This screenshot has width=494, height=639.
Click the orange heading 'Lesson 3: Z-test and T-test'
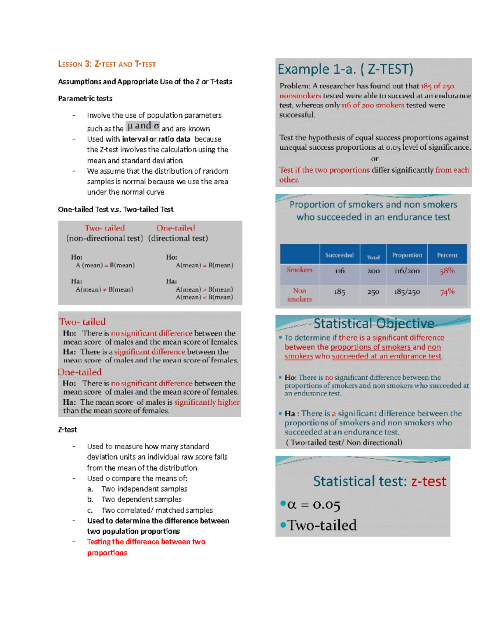[107, 64]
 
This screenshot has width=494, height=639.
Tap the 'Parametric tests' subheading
[85, 98]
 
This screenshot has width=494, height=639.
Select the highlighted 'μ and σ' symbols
[143, 126]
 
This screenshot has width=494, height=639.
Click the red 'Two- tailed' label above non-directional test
[105, 228]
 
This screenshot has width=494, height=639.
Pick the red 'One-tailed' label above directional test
[175, 228]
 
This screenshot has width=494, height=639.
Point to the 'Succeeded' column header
[339, 255]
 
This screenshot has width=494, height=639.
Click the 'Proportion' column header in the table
[407, 255]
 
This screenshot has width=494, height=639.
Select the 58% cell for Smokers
[447, 271]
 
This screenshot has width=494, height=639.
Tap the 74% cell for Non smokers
[447, 292]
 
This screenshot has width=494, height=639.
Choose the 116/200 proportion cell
[407, 271]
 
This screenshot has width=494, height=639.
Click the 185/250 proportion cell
[407, 292]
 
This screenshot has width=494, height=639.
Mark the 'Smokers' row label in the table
[299, 270]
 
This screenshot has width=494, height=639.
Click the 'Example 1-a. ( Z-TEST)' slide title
[345, 69]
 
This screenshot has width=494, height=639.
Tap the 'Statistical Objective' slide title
[373, 324]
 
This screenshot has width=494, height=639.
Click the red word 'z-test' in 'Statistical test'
[429, 481]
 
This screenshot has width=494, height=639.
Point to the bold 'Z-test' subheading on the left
[68, 430]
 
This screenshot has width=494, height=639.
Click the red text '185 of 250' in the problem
[437, 86]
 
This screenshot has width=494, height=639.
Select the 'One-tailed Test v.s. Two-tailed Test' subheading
[116, 209]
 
